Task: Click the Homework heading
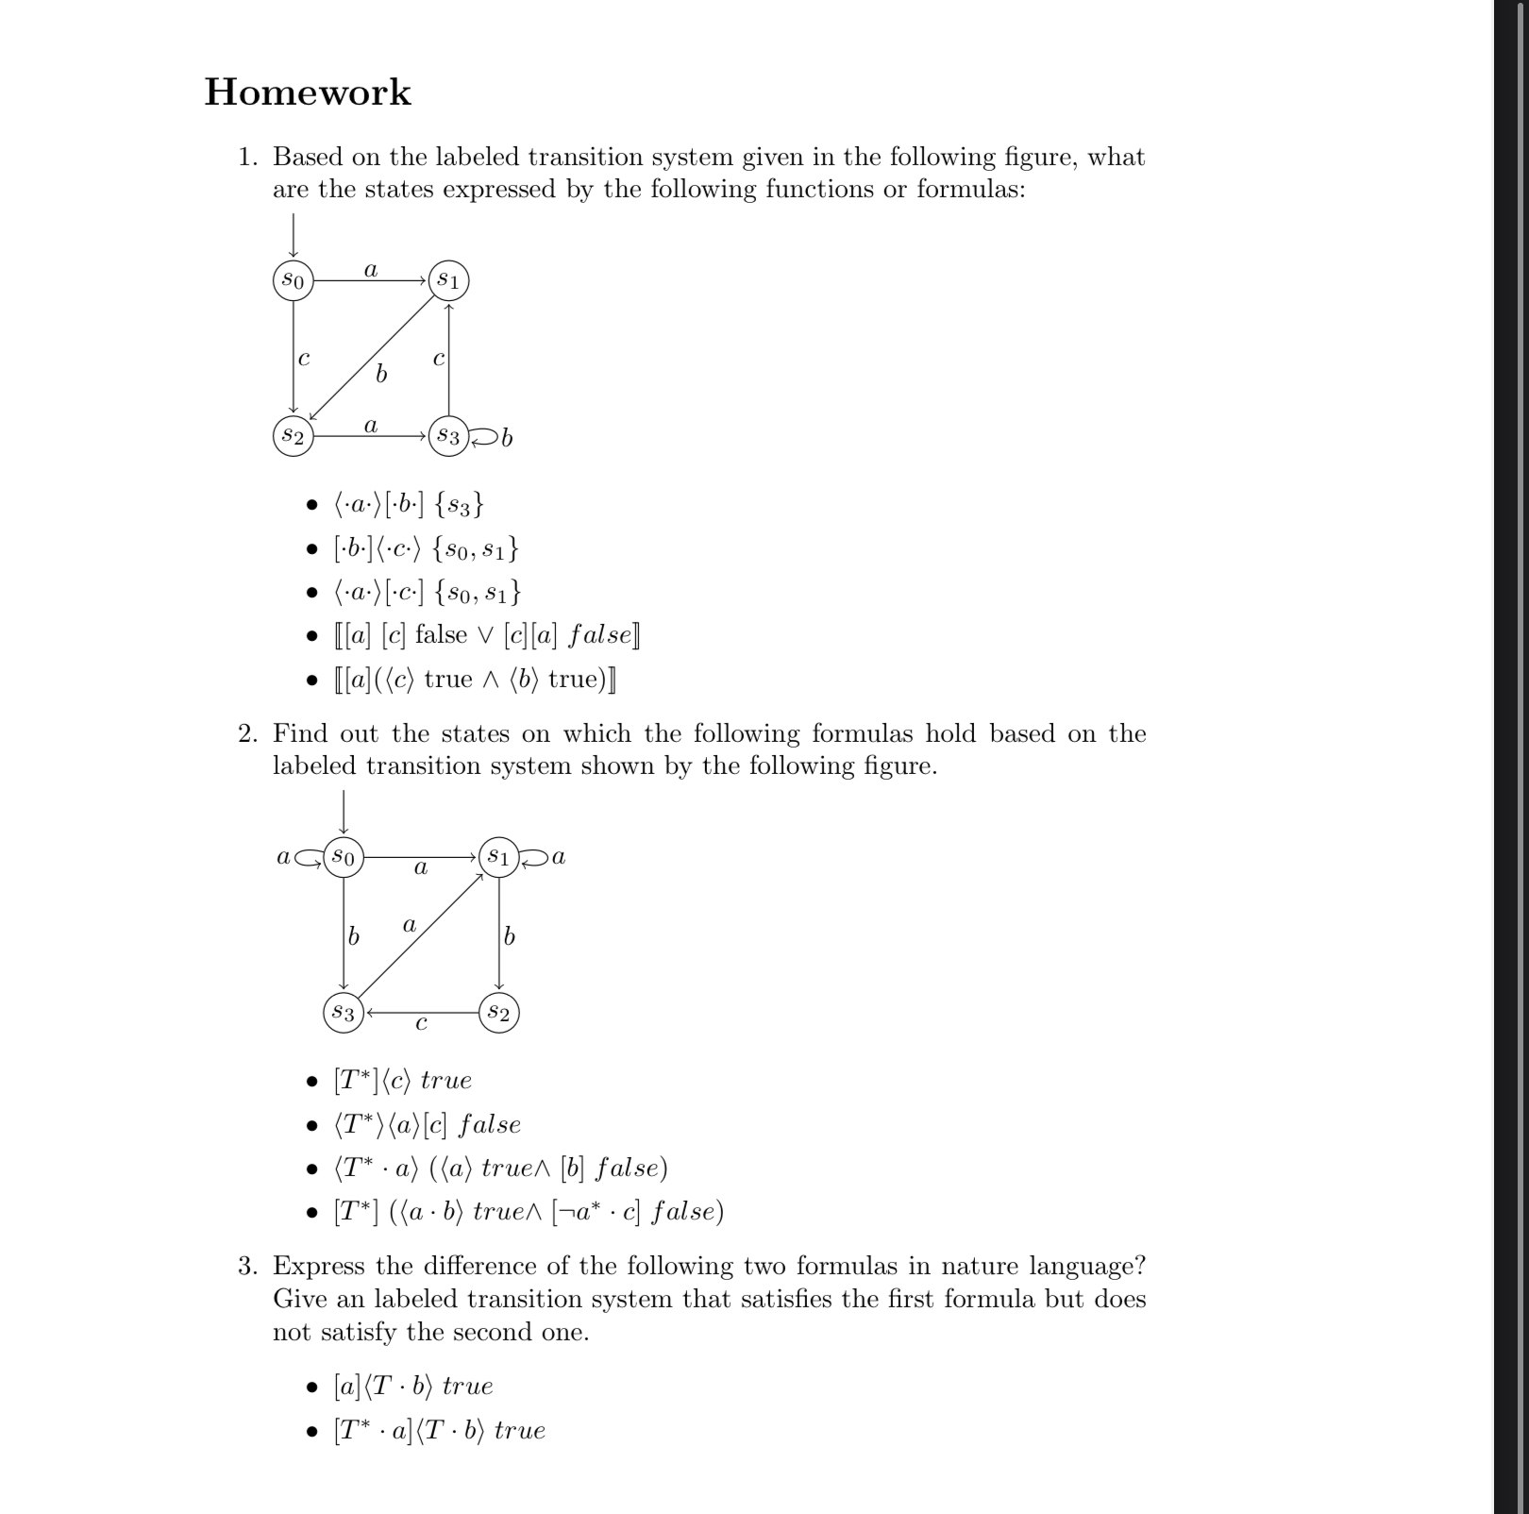(308, 93)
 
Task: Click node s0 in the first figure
(293, 280)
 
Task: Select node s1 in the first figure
(448, 280)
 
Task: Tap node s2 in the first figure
(293, 436)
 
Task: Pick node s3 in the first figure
(448, 436)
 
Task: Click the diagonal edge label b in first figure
(380, 375)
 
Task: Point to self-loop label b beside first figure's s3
(507, 438)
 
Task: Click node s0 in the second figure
(344, 857)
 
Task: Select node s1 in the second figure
(498, 857)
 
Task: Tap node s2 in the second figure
(498, 1013)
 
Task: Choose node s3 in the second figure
(344, 1013)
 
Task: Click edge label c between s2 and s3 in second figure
(421, 1023)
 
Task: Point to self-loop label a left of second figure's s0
(283, 857)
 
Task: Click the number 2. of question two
(248, 733)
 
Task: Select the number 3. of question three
(248, 1266)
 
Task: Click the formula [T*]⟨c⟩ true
(402, 1080)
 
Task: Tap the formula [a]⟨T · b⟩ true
(413, 1386)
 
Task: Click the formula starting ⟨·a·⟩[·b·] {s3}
(409, 504)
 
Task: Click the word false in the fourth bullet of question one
(441, 634)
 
